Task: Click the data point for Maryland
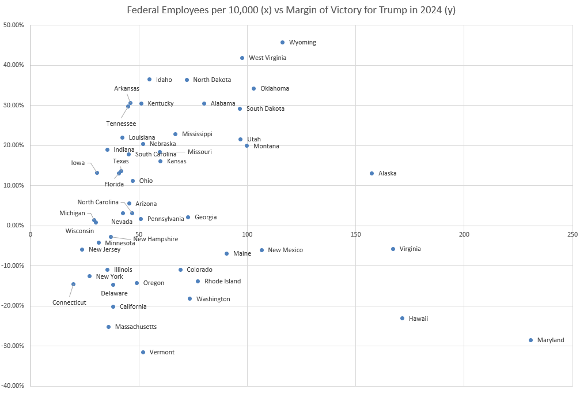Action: (x=530, y=340)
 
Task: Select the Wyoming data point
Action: (x=282, y=42)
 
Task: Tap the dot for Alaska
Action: (x=371, y=173)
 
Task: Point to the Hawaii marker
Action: (x=403, y=318)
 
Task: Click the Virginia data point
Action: (x=393, y=249)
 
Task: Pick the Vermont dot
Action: (x=143, y=352)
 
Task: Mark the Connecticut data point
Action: (x=73, y=284)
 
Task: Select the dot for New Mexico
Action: (x=261, y=250)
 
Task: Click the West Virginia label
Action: (x=267, y=58)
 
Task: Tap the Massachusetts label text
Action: (x=135, y=327)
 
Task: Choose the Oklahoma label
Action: (x=274, y=89)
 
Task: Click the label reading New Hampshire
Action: (x=156, y=239)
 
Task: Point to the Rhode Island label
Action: (x=222, y=282)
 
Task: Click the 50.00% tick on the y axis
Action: (x=14, y=25)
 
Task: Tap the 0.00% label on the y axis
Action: (x=15, y=226)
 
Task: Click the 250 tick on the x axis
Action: (x=572, y=234)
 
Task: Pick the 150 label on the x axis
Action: (x=355, y=234)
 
